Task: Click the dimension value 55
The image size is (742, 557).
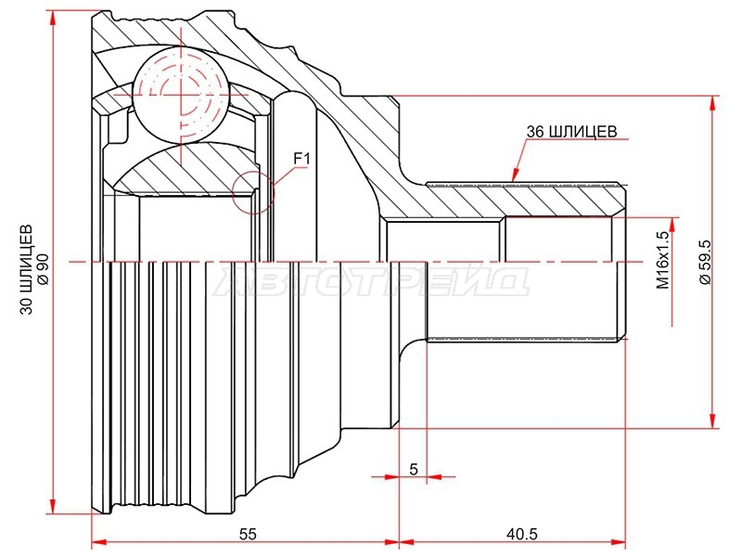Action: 248,535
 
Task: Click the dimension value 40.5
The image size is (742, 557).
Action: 522,535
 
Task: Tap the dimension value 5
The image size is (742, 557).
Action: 414,470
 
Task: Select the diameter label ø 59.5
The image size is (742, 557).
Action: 706,262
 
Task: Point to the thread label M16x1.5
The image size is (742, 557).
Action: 663,260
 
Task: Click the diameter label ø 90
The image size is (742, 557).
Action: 43,268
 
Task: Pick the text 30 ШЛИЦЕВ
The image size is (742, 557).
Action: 27,268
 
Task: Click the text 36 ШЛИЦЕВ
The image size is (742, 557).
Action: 571,131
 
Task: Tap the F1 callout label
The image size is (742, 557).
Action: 301,158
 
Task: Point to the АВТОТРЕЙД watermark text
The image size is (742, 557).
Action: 371,283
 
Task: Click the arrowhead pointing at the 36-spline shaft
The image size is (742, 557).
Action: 516,175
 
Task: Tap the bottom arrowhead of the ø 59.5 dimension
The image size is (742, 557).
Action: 712,421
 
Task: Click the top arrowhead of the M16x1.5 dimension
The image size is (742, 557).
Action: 672,225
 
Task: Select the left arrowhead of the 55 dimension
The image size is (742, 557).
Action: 98,542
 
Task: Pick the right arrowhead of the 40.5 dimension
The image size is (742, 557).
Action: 618,542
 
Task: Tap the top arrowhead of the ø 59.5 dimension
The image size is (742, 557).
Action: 712,104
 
